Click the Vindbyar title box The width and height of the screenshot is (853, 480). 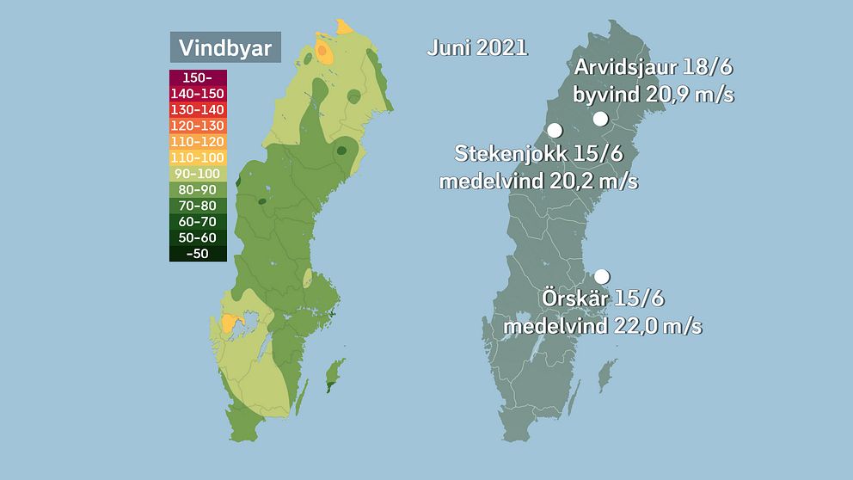tap(225, 47)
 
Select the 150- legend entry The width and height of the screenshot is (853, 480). tap(198, 77)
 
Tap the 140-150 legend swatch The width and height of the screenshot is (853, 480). tap(198, 94)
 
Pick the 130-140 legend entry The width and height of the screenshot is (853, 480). tap(198, 109)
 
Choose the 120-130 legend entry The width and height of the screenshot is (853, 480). tap(198, 126)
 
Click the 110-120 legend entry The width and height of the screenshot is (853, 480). tap(198, 141)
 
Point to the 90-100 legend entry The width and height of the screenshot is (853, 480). tap(198, 174)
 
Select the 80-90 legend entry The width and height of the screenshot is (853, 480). tap(198, 189)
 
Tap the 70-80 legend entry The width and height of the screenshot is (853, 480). tap(198, 206)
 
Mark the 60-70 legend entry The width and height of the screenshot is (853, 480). tap(198, 221)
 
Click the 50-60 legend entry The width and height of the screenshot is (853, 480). tap(198, 237)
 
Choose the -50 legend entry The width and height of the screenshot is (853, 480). tap(198, 254)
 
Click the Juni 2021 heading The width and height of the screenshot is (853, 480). tap(477, 48)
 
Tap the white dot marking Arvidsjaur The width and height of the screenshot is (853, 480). tap(600, 119)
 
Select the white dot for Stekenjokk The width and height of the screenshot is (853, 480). tap(555, 131)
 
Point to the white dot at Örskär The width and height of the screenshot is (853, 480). tap(602, 276)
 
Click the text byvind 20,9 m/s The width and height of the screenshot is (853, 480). tap(654, 95)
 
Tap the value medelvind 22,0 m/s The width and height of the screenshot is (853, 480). tap(603, 327)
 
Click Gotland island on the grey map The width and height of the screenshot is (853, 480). tap(607, 375)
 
